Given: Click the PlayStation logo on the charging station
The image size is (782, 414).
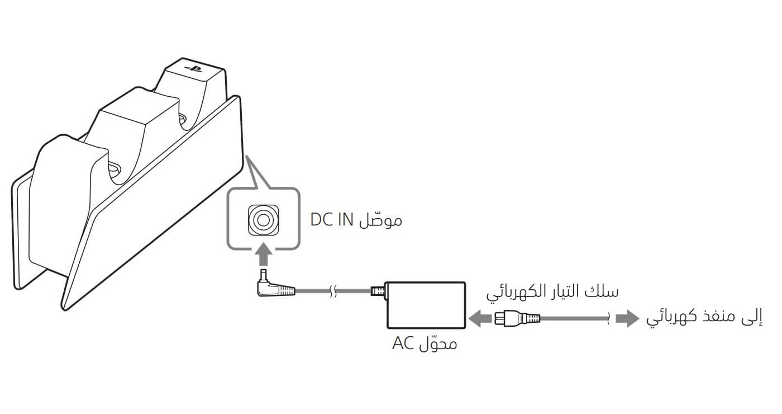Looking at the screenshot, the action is (x=194, y=68).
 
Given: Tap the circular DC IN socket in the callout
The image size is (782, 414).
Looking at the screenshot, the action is (x=264, y=220).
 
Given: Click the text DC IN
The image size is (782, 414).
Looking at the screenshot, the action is (x=332, y=220).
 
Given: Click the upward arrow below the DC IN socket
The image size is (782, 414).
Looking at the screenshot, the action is (x=264, y=255).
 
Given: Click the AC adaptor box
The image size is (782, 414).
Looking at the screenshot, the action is (x=426, y=305).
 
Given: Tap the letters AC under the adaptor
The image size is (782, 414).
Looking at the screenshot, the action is (x=403, y=344).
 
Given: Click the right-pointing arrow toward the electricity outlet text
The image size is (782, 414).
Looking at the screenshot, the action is (x=628, y=318).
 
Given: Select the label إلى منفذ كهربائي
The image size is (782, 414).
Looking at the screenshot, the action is (x=704, y=318).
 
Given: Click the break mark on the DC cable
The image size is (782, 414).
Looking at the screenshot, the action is (x=333, y=290).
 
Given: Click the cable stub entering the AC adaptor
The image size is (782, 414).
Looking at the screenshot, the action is (x=378, y=290).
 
